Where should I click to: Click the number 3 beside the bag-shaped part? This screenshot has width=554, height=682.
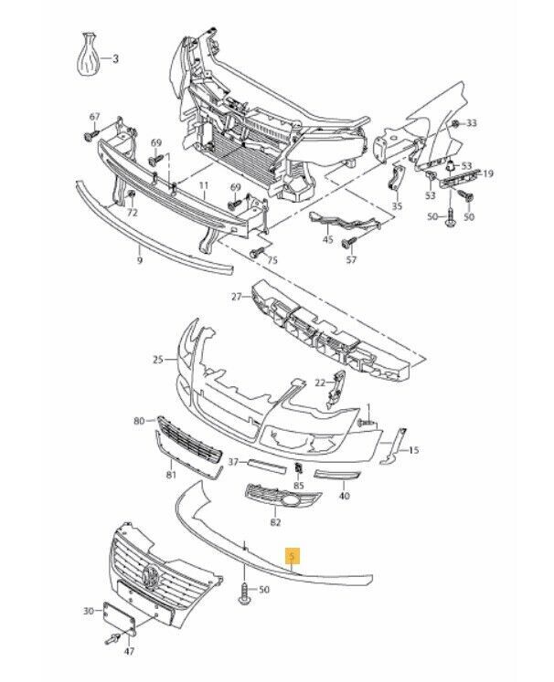[x=116, y=59]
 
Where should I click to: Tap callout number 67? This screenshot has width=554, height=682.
[x=94, y=117]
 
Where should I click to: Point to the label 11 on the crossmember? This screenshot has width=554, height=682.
[x=204, y=184]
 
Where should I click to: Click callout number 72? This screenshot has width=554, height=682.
[x=132, y=212]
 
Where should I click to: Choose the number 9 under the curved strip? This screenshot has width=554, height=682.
[x=140, y=261]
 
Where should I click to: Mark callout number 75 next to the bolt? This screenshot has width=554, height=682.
[x=272, y=261]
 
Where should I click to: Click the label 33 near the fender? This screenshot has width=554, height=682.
[x=472, y=122]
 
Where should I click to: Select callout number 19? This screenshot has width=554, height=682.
[x=488, y=173]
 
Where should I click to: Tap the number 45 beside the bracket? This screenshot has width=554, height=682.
[x=327, y=239]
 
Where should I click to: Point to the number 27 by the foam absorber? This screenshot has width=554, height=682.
[x=236, y=297]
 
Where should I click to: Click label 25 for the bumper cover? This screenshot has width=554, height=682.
[x=157, y=360]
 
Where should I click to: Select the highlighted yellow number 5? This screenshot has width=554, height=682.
[x=292, y=555]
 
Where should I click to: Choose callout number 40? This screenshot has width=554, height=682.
[x=344, y=497]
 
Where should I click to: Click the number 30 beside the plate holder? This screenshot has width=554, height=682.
[x=89, y=611]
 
